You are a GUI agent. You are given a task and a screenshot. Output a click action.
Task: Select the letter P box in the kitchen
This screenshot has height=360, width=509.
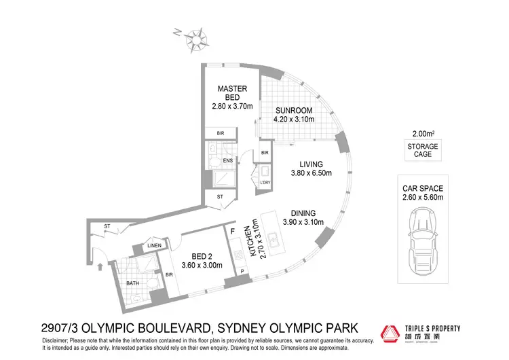[x=242, y=272]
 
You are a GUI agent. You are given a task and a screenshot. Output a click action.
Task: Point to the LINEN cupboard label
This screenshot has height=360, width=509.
[x=153, y=245]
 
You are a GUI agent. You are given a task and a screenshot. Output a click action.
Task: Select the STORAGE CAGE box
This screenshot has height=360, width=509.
[x=423, y=150]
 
